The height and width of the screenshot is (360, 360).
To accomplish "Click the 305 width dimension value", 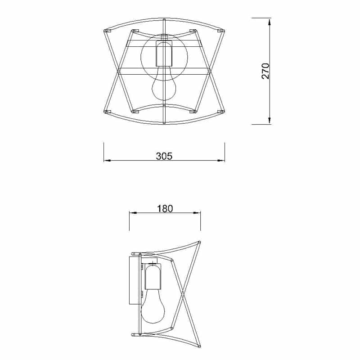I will pyautogui.click(x=164, y=156).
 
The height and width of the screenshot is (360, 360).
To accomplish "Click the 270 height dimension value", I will pyautogui.click(x=265, y=71).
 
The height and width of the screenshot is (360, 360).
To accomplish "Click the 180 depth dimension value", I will pyautogui.click(x=165, y=209).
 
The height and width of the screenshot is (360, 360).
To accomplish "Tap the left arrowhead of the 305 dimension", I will pyautogui.click(x=106, y=160).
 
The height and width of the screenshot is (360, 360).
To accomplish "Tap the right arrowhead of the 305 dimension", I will pyautogui.click(x=222, y=160).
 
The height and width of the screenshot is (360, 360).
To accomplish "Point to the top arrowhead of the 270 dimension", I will pyautogui.click(x=269, y=21).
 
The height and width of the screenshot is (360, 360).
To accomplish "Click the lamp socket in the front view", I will pyautogui.click(x=164, y=54).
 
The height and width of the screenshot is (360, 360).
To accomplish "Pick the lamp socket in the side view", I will pyautogui.click(x=153, y=277).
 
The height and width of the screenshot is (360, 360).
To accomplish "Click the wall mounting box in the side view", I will pyautogui.click(x=134, y=280).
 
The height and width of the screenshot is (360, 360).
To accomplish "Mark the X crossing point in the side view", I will pyautogui.click(x=183, y=295).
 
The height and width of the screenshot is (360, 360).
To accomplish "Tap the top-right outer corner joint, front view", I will pyautogui.click(x=220, y=31).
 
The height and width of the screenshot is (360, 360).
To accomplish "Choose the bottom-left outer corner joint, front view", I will pyautogui.click(x=107, y=111).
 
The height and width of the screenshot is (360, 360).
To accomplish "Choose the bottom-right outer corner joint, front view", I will pyautogui.click(x=220, y=111).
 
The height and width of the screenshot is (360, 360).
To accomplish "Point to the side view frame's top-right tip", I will pyautogui.click(x=199, y=243).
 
